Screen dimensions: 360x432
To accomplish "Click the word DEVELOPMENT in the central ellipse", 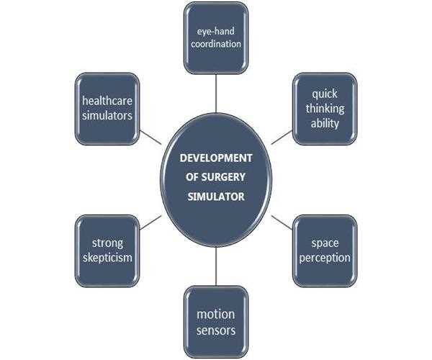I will [216, 158].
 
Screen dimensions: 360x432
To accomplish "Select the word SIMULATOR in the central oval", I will [216, 195].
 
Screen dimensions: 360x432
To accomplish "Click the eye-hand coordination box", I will [215, 37].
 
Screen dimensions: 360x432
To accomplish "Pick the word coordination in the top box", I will [215, 44].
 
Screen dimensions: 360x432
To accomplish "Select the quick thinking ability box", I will [324, 108].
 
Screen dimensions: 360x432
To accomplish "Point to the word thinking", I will [324, 109].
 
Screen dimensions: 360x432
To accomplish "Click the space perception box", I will [324, 250].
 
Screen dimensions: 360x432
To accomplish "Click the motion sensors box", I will [216, 323].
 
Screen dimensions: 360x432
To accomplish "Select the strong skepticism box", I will [107, 250].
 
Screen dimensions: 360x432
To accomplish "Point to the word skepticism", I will [107, 258].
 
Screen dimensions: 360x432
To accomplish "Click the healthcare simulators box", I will [107, 109].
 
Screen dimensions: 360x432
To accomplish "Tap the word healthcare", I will [107, 102].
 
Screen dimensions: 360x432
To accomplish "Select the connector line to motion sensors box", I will [216, 269].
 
